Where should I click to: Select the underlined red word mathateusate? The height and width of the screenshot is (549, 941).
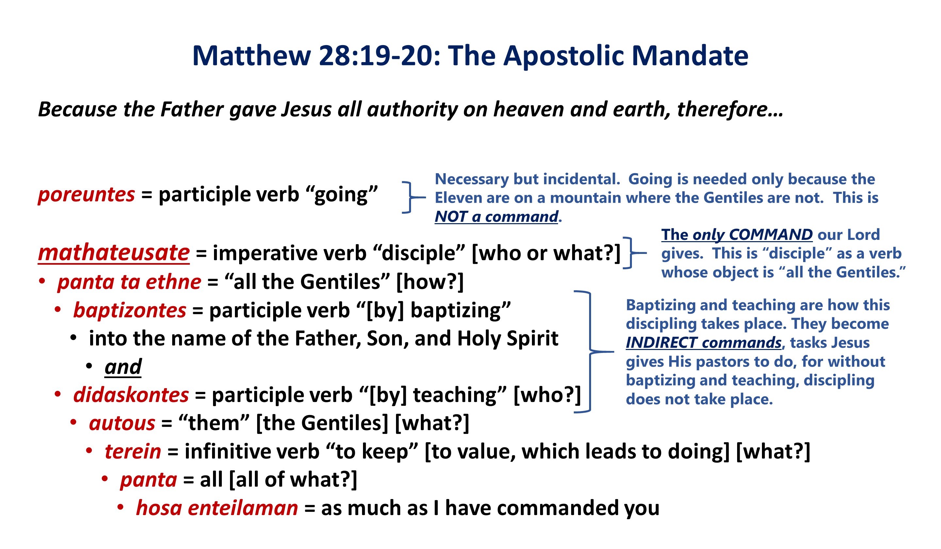(114, 253)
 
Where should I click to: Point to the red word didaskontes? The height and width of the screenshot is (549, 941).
(131, 395)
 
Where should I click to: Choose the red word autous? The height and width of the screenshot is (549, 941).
(122, 424)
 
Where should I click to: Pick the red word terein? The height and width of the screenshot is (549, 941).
(133, 452)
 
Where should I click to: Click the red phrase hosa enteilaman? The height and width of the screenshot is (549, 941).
(217, 508)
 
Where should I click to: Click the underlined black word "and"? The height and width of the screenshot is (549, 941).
(123, 367)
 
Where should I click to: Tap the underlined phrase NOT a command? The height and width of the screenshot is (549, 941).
(497, 217)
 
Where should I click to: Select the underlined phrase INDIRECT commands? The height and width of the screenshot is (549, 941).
(703, 342)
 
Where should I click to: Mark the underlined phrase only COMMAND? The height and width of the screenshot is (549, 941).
(752, 235)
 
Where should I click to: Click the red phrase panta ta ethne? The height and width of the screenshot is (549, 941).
(129, 282)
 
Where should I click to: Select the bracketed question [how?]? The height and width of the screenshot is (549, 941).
(430, 282)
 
